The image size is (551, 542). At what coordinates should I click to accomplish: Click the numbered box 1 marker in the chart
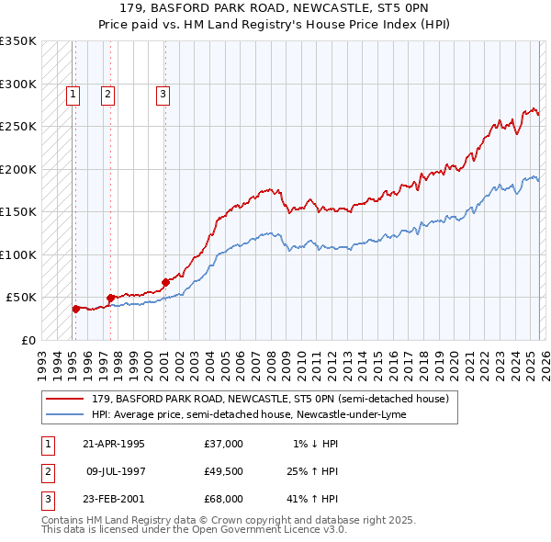click(x=73, y=93)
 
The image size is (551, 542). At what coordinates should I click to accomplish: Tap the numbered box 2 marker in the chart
click(x=107, y=93)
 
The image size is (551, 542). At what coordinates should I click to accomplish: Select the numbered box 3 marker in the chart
click(x=163, y=93)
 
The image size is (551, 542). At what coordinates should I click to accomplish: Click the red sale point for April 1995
click(x=75, y=309)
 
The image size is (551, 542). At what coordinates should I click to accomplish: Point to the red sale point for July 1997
click(x=110, y=298)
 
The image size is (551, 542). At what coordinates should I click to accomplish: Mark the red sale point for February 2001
click(x=165, y=282)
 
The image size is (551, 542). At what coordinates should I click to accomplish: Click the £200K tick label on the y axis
click(x=17, y=169)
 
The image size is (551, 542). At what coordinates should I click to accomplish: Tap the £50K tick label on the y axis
click(x=21, y=298)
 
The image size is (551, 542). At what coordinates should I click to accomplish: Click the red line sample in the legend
click(x=65, y=399)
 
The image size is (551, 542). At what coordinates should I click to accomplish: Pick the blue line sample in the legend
click(x=65, y=414)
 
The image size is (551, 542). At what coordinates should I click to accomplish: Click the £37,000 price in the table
click(x=224, y=444)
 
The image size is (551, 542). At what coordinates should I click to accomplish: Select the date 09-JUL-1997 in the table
click(x=116, y=471)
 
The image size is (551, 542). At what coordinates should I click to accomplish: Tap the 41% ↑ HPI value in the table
click(x=312, y=499)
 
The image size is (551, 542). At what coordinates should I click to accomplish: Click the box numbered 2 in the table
click(x=46, y=471)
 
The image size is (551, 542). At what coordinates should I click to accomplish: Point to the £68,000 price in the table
click(x=224, y=499)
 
